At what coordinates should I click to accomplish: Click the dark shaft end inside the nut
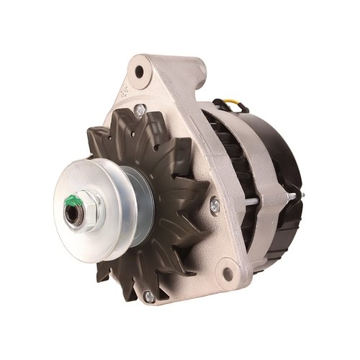pyautogui.click(x=73, y=211)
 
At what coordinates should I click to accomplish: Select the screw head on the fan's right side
pyautogui.click(x=214, y=207)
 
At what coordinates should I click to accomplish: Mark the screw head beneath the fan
pyautogui.click(x=148, y=295)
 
